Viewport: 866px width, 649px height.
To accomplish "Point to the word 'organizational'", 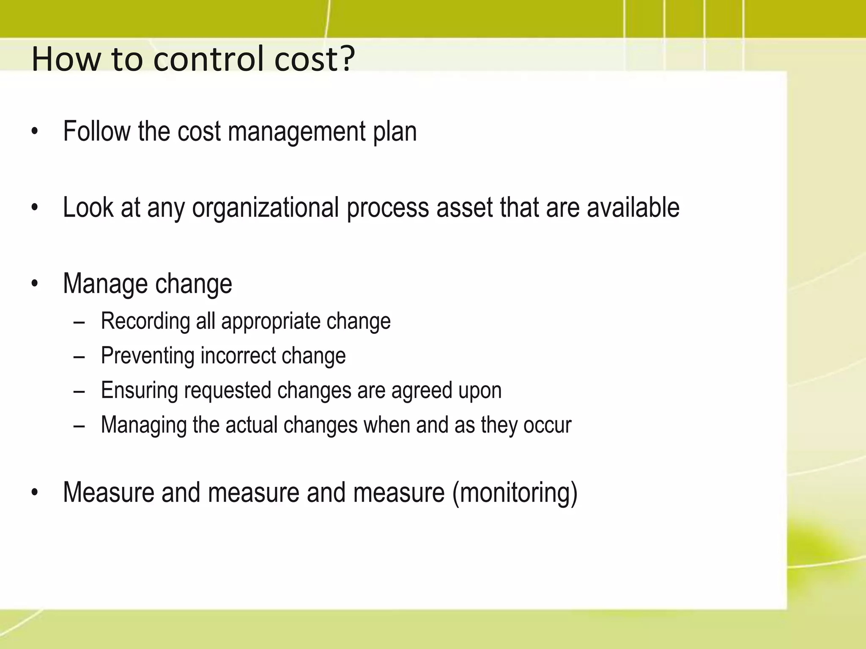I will pyautogui.click(x=265, y=208).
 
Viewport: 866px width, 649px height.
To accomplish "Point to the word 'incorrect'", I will pyautogui.click(x=238, y=356).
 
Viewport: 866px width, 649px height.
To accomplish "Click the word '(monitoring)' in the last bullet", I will pyautogui.click(x=515, y=493).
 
